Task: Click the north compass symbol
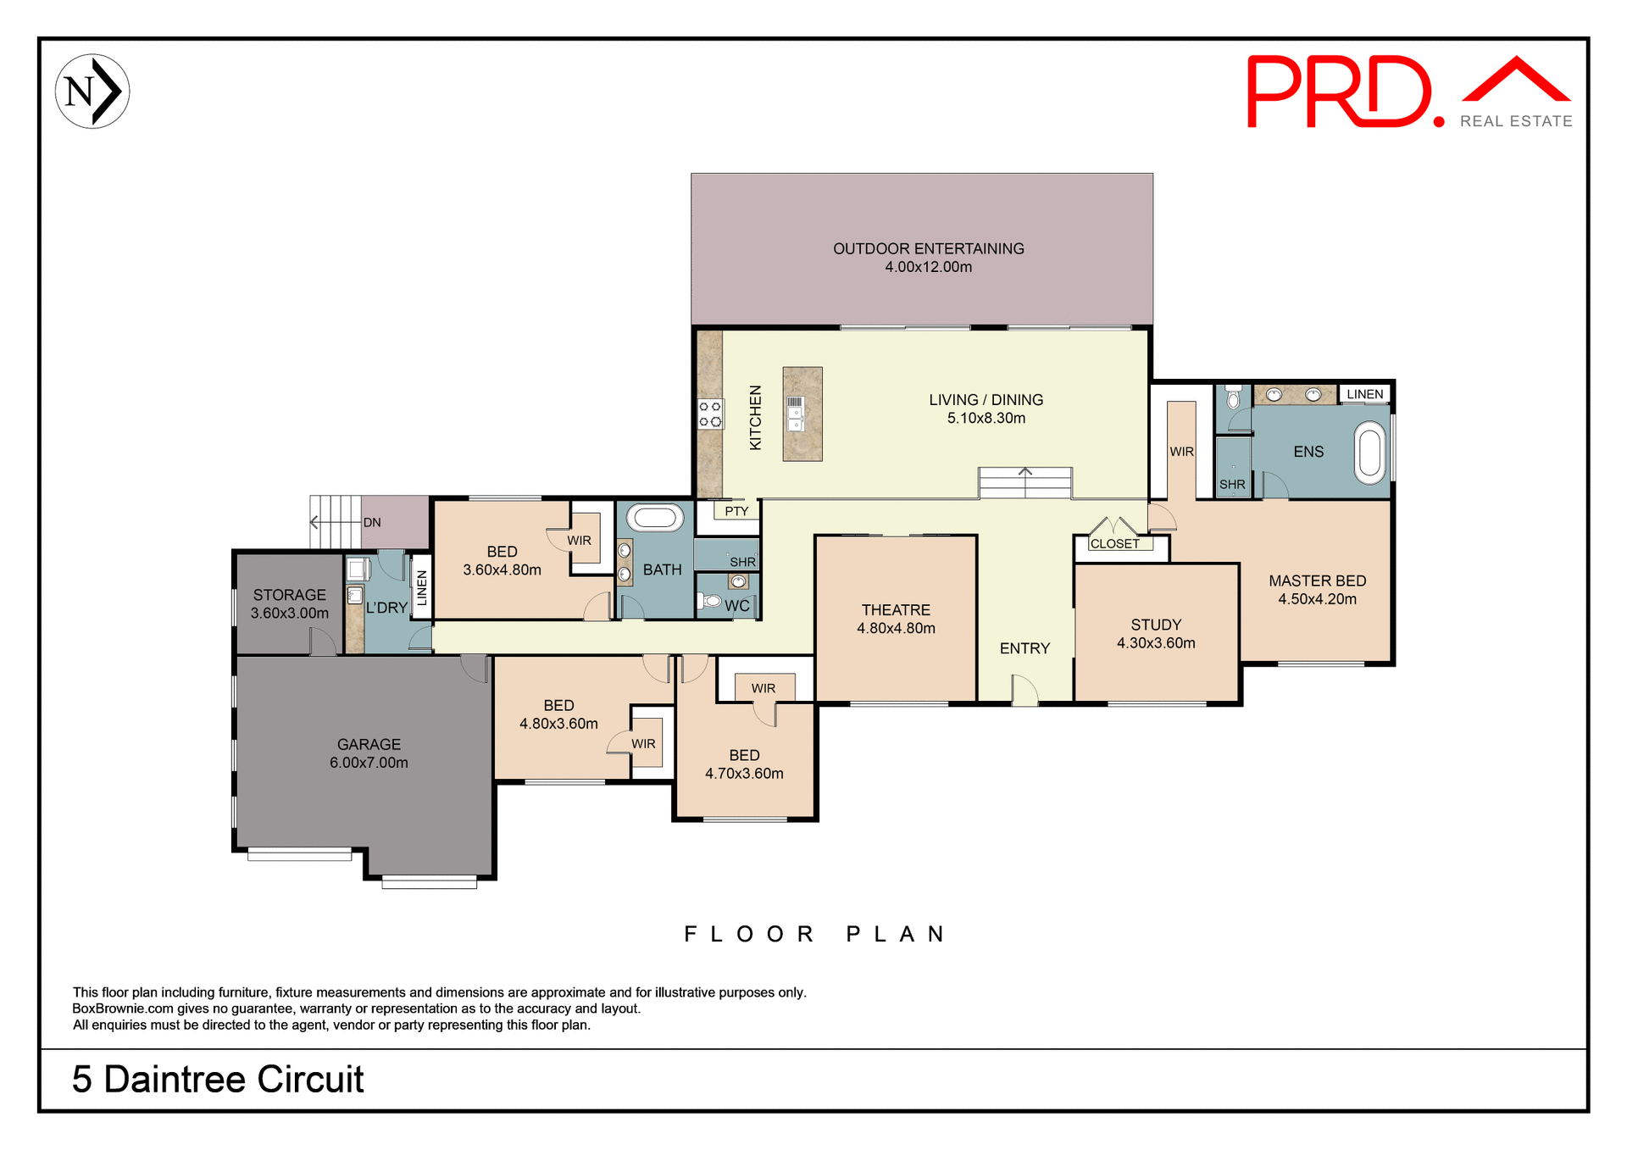92,92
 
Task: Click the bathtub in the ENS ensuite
1369,453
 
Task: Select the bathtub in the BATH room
654,518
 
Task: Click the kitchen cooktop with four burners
710,414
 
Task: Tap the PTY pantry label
736,511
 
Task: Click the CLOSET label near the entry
1114,544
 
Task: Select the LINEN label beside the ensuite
1364,394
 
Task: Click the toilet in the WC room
708,602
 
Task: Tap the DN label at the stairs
372,522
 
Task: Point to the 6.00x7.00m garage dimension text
369,763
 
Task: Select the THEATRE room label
896,610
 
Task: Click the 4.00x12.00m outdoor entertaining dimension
928,267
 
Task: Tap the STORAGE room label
289,595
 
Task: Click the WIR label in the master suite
1181,452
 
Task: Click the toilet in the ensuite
1233,397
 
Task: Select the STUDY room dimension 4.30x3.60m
1156,643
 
